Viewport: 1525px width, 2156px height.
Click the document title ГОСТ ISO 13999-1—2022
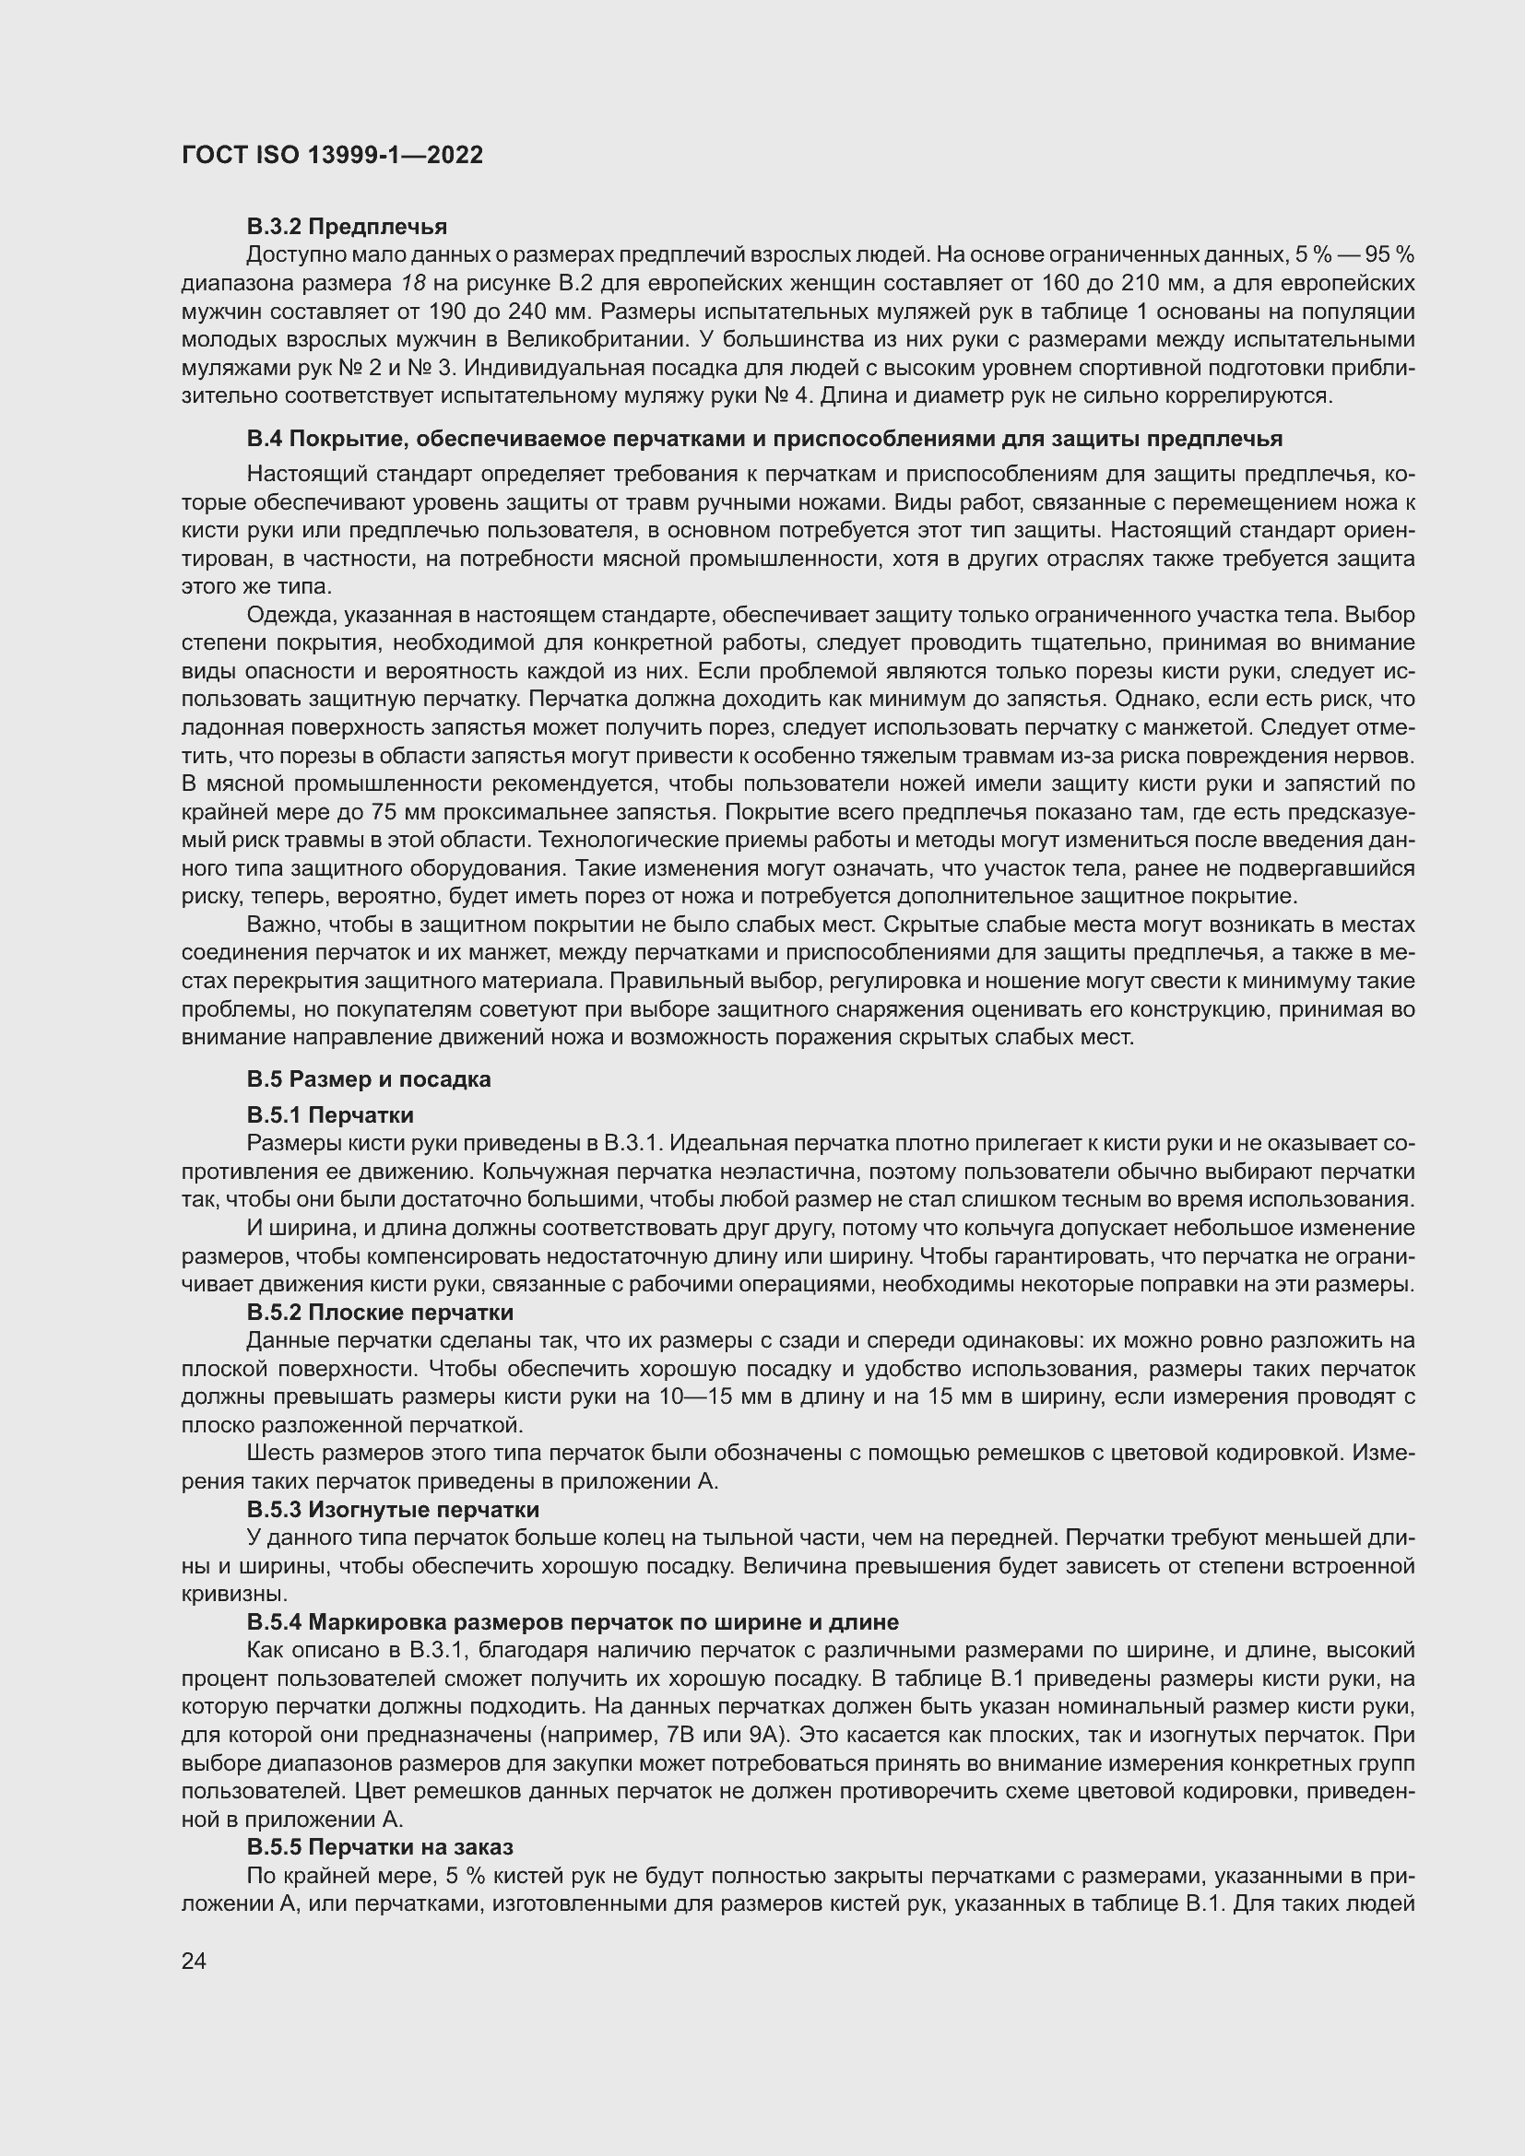click(333, 156)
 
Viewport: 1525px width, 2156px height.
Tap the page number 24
click(194, 1961)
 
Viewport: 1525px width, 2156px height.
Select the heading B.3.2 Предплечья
click(347, 227)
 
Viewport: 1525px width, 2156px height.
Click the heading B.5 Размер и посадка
click(368, 1079)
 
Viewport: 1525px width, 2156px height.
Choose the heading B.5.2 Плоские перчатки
click(379, 1312)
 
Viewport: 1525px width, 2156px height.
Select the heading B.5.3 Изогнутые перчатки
click(393, 1509)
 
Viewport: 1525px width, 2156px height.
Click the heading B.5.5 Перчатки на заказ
click(379, 1847)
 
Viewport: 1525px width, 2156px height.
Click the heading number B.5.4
click(274, 1621)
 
